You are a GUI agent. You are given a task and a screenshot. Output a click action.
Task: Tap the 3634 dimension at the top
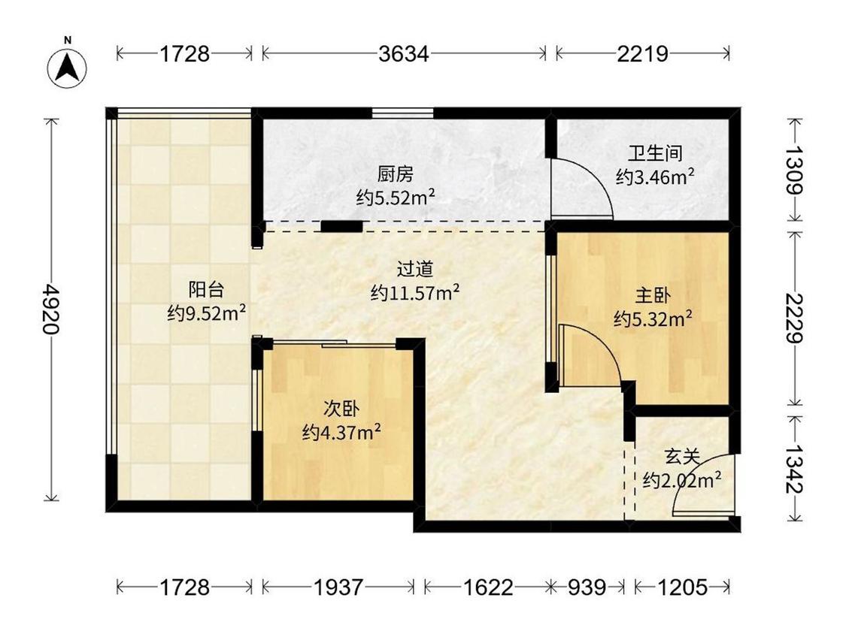pos(404,54)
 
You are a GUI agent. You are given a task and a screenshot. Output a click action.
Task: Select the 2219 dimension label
pos(643,54)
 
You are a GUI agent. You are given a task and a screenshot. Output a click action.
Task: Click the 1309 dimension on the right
pos(794,170)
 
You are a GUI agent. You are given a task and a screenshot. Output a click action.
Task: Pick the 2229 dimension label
pos(794,318)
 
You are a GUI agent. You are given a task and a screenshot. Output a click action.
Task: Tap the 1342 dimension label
pos(794,469)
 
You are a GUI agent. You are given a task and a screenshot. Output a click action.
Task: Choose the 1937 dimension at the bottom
pos(338,587)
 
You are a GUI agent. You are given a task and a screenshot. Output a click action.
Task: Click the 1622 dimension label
pos(488,587)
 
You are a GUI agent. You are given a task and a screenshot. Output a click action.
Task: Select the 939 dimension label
pos(587,587)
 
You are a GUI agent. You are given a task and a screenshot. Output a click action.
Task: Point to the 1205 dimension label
pos(682,587)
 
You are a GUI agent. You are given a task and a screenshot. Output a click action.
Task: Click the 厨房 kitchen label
pos(396,175)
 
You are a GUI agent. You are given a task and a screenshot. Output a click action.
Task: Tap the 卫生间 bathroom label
pos(655,154)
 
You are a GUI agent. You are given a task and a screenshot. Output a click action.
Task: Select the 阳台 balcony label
pos(206,289)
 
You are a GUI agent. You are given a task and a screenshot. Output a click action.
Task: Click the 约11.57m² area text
pos(415,293)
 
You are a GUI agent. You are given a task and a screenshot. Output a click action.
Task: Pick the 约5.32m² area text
pos(653,319)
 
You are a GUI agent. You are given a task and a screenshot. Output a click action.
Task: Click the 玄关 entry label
pos(683,457)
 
